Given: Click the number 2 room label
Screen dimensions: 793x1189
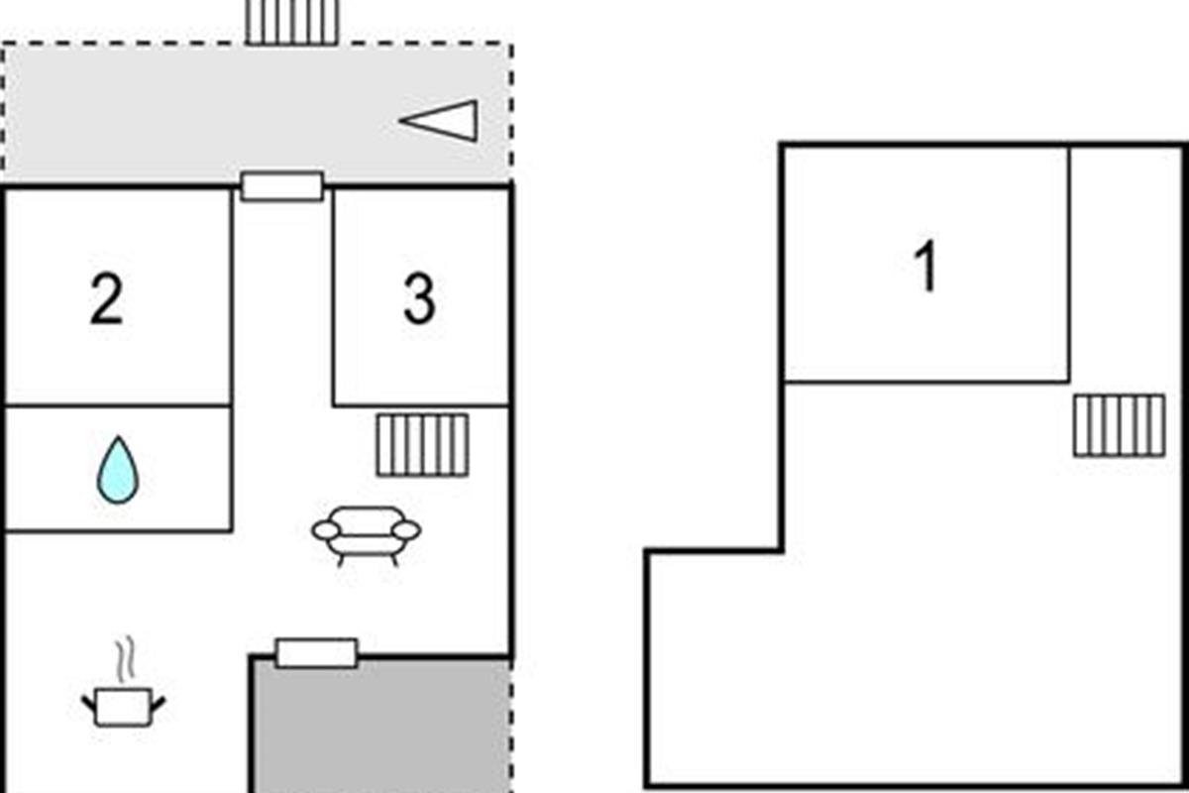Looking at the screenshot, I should click(107, 300).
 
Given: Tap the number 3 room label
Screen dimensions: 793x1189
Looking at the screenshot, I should click(419, 300).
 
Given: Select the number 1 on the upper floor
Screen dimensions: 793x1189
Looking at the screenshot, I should click(926, 268).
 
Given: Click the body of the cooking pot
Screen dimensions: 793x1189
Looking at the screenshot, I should click(123, 708).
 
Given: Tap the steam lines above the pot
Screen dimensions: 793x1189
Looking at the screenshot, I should click(123, 661).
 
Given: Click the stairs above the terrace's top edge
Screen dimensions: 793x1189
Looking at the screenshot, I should click(292, 21).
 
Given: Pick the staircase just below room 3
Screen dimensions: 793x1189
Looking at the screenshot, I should click(422, 445).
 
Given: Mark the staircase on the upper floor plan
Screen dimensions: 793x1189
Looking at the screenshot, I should click(1119, 425).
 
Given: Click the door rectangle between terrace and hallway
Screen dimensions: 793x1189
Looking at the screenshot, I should click(282, 186).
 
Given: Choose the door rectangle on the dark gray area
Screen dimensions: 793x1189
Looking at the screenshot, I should click(316, 653).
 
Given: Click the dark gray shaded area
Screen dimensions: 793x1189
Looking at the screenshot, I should click(381, 729).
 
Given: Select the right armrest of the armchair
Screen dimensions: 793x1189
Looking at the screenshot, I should click(406, 531).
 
